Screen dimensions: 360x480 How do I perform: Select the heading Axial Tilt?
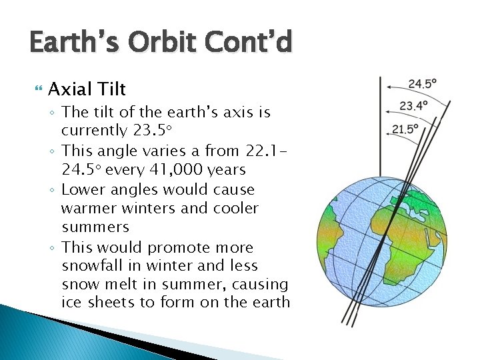tap(87, 89)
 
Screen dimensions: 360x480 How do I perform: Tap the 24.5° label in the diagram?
tap(423, 84)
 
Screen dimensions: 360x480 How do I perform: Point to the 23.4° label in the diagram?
tap(413, 105)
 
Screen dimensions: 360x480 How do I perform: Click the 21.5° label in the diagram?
tap(405, 129)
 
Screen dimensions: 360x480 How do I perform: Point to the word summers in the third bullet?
tap(95, 227)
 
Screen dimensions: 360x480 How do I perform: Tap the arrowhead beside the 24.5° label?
tap(382, 85)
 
